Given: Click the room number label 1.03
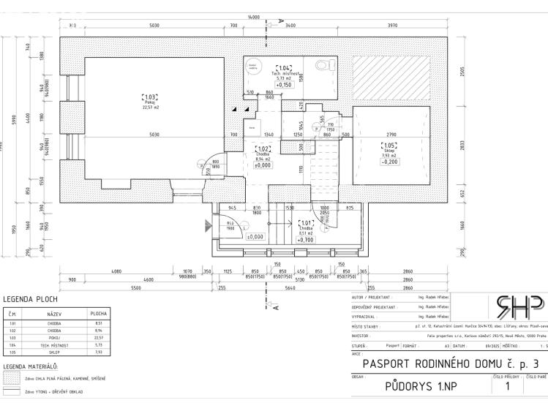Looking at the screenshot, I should pyautogui.click(x=149, y=97).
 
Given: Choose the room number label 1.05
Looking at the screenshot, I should pyautogui.click(x=388, y=145).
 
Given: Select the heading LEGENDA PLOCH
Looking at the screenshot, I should pyautogui.click(x=31, y=299).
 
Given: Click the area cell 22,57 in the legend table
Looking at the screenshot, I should pyautogui.click(x=98, y=338).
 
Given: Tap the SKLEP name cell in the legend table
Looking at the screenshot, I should pyautogui.click(x=56, y=352).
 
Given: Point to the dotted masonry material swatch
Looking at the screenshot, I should pyautogui.click(x=12, y=379).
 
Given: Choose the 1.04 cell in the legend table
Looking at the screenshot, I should pyautogui.click(x=12, y=344).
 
